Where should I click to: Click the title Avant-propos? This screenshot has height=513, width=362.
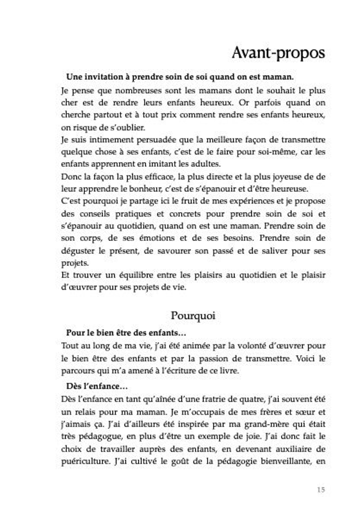[x=278, y=53]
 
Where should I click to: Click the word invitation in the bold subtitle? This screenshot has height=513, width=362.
[x=103, y=76]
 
